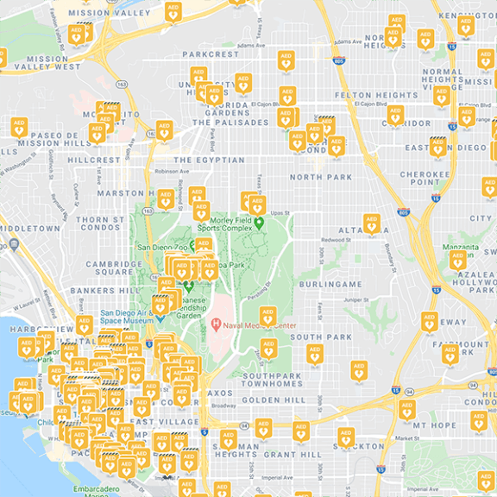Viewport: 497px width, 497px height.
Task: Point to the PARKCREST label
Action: pyautogui.click(x=209, y=54)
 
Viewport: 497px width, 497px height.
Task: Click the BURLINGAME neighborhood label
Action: pyautogui.click(x=331, y=284)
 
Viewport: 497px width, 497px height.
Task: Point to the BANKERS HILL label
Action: pyautogui.click(x=99, y=291)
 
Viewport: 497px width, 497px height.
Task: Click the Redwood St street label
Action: pyautogui.click(x=333, y=240)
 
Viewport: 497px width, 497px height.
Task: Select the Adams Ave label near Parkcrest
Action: pyautogui.click(x=248, y=45)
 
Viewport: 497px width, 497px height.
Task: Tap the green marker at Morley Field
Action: pyautogui.click(x=258, y=223)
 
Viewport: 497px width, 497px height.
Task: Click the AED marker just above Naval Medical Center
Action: pyautogui.click(x=267, y=315)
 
